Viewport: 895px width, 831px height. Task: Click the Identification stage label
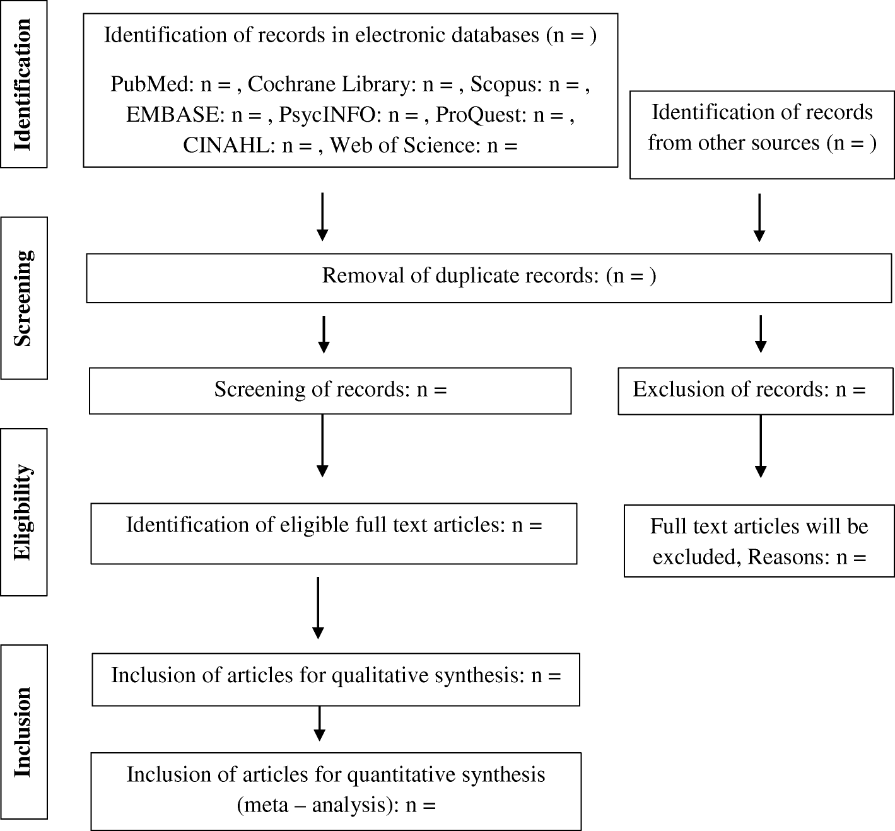pyautogui.click(x=23, y=84)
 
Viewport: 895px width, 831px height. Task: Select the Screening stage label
pyautogui.click(x=23, y=298)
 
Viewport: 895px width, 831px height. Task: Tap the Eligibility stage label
pyautogui.click(x=23, y=512)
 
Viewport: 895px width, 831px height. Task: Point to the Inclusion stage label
pyautogui.click(x=23, y=731)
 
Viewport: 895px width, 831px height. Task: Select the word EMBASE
pyautogui.click(x=175, y=115)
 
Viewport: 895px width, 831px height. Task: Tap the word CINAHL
pyautogui.click(x=229, y=146)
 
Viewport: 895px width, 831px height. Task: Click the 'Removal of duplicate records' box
pyautogui.click(x=489, y=277)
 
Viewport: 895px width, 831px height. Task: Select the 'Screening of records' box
pyautogui.click(x=330, y=391)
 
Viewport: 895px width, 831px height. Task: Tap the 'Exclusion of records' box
pyautogui.click(x=755, y=391)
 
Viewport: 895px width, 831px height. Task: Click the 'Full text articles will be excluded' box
pyautogui.click(x=759, y=541)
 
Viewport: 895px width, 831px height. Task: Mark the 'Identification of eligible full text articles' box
pyautogui.click(x=334, y=533)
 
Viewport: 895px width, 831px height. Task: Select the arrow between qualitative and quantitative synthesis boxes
pyautogui.click(x=320, y=723)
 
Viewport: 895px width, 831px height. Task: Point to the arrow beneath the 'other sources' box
pyautogui.click(x=759, y=218)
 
